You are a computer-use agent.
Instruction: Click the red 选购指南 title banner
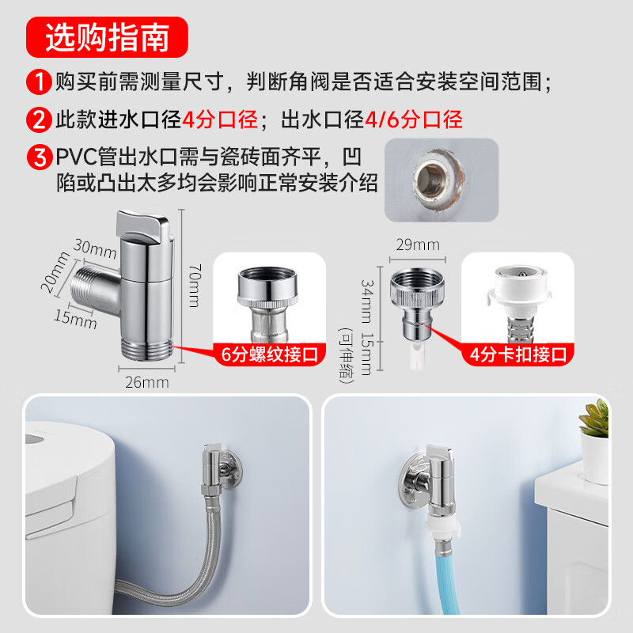coord(107,37)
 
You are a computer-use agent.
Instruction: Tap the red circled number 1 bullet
coord(39,82)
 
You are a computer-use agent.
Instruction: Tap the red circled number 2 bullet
coord(39,119)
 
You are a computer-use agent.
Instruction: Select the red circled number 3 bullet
coord(39,157)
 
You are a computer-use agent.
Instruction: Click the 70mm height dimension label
coord(195,286)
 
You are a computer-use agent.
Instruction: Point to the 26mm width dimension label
coord(147,382)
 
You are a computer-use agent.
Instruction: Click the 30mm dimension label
coord(95,248)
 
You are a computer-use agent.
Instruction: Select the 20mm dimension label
coord(55,271)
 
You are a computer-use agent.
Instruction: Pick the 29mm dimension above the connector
coord(418,244)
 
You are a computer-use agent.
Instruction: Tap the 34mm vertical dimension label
coord(367,301)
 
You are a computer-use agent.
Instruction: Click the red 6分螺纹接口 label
coord(270,354)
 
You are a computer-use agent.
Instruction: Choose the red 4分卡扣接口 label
coord(518,354)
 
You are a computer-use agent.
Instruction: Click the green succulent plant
coord(594,419)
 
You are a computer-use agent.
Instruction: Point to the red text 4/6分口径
coord(414,120)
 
